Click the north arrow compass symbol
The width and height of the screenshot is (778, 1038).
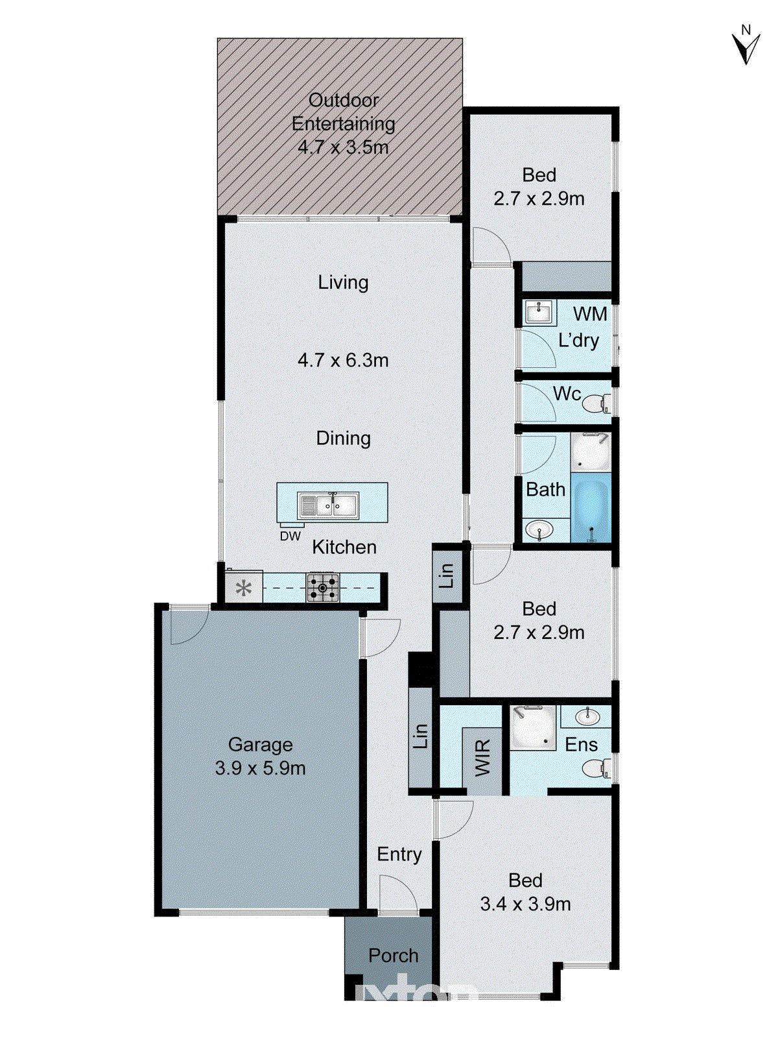pyautogui.click(x=746, y=46)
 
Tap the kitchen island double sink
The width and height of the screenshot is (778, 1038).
pyautogui.click(x=328, y=505)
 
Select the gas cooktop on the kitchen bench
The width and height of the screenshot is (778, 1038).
pyautogui.click(x=322, y=588)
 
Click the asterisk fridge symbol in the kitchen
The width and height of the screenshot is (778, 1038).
pyautogui.click(x=244, y=588)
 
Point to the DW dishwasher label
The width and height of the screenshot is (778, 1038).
pyautogui.click(x=290, y=537)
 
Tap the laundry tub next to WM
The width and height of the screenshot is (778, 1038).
pyautogui.click(x=539, y=313)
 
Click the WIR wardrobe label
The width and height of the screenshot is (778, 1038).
pyautogui.click(x=483, y=757)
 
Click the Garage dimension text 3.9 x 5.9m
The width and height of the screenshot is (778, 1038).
pyautogui.click(x=260, y=768)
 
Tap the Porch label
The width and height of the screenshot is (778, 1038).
pyautogui.click(x=393, y=956)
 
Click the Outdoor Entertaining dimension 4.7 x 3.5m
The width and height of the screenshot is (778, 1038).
pyautogui.click(x=343, y=147)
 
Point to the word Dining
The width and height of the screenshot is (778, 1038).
pyautogui.click(x=343, y=439)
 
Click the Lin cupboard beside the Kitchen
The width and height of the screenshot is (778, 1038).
pyautogui.click(x=447, y=575)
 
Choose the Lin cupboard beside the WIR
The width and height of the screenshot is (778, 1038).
pyautogui.click(x=421, y=737)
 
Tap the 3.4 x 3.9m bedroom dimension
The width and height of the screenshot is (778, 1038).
pyautogui.click(x=525, y=904)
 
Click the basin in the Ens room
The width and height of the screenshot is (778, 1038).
pyautogui.click(x=587, y=717)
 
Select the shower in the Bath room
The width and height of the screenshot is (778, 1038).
pyautogui.click(x=591, y=452)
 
